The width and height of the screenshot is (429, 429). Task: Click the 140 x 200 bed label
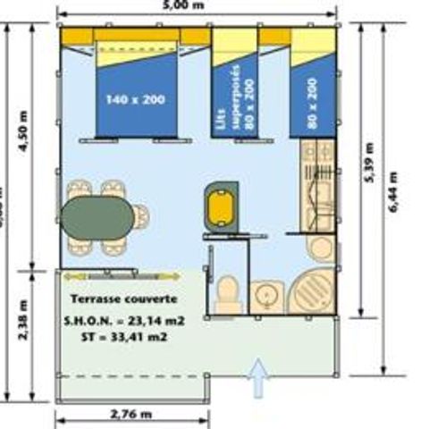(x=135, y=99)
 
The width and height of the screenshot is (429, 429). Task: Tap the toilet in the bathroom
(x=228, y=292)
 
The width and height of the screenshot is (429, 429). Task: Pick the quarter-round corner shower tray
(x=312, y=290)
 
